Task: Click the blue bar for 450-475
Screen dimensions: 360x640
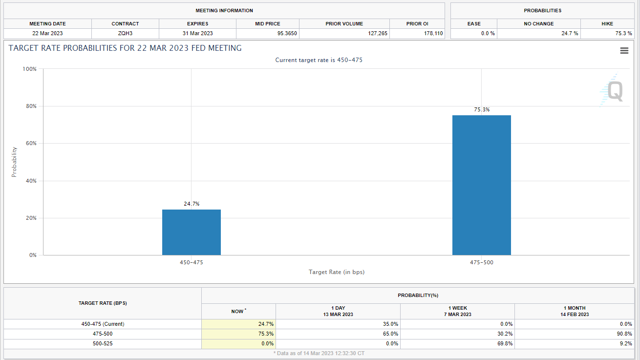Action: [x=192, y=232]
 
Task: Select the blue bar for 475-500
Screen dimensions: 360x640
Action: [x=481, y=185]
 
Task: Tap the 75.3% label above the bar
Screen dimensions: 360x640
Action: [x=482, y=110]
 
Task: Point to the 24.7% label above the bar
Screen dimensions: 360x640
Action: [x=192, y=204]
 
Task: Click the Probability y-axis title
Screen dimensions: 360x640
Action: [x=14, y=162]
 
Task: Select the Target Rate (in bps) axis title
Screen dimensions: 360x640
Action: [x=337, y=272]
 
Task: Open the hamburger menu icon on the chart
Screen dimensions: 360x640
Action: [x=624, y=51]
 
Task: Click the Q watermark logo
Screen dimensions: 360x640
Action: [x=613, y=91]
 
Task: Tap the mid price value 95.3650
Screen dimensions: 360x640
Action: [x=287, y=34]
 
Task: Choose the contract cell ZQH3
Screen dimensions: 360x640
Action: [x=125, y=34]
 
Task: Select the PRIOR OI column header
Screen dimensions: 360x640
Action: [x=417, y=23]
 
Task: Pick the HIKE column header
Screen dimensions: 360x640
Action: [x=607, y=23]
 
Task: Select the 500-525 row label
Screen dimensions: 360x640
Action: [x=103, y=343]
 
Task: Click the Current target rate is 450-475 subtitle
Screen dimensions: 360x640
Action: [x=319, y=60]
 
